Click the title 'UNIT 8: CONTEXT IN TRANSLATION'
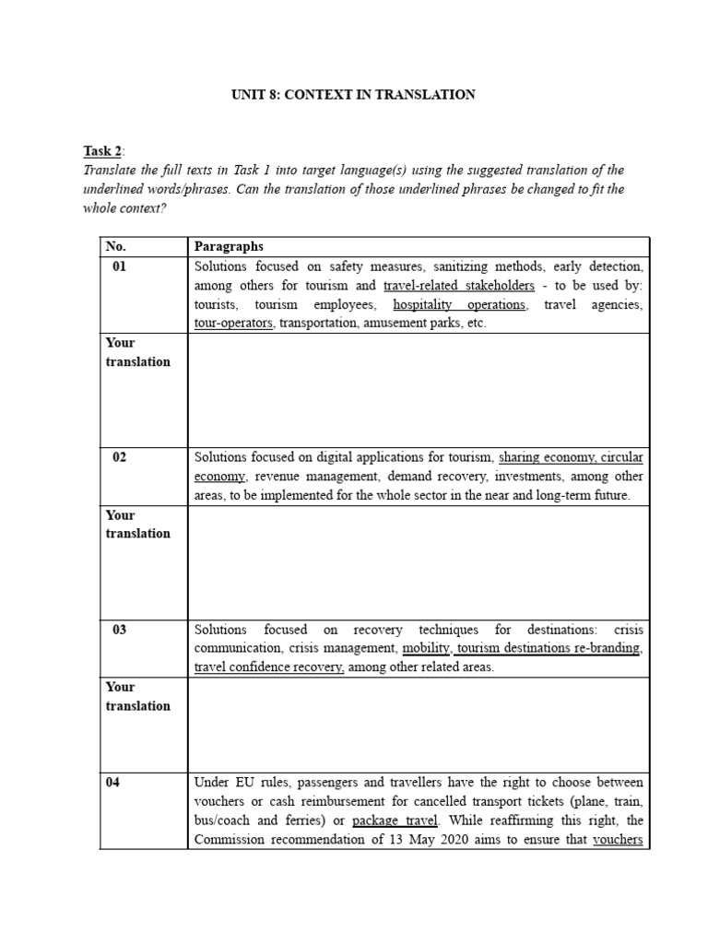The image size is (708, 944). (x=354, y=95)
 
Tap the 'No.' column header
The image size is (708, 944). (x=115, y=246)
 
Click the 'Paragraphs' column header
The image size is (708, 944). (x=229, y=246)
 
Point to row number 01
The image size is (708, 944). (x=119, y=266)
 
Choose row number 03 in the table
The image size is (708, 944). (x=120, y=630)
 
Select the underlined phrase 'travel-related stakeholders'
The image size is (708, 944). (x=458, y=286)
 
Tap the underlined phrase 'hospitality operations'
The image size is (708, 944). (x=459, y=304)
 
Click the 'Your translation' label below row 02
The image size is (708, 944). (x=137, y=524)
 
